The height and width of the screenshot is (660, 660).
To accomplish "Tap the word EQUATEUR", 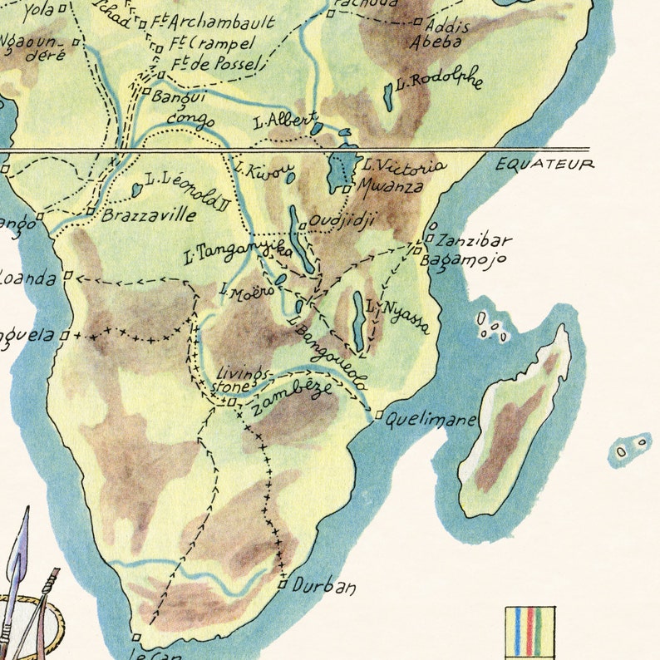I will coord(544,164).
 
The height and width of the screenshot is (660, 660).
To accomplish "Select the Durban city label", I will coord(324,587).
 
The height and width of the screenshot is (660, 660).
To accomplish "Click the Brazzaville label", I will coord(149,215).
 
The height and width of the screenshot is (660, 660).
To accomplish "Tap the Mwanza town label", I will coord(390,187).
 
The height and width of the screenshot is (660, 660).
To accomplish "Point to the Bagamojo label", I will coord(464,260).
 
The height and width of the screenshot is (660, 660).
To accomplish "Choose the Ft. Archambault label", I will coord(212,22).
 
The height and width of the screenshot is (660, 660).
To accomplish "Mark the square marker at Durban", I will coord(283,585).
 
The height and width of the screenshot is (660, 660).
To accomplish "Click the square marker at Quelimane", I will coord(379,415).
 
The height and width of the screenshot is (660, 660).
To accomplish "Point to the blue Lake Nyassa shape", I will coord(357,320).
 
